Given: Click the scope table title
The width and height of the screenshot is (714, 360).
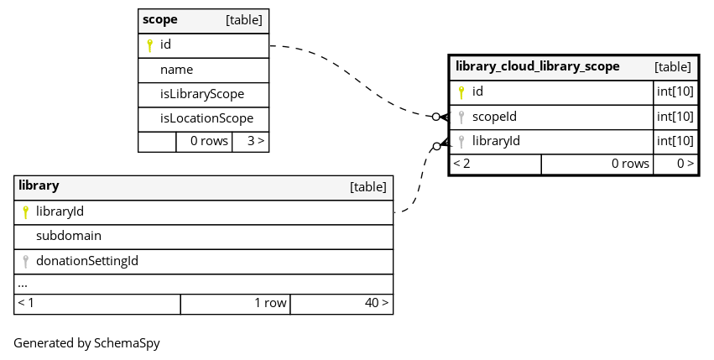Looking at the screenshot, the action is [x=159, y=20].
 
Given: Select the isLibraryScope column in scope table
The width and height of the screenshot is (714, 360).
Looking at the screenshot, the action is [x=202, y=94].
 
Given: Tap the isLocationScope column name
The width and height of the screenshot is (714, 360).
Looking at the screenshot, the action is [x=206, y=118].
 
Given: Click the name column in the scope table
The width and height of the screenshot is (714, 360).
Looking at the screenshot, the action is [x=176, y=70].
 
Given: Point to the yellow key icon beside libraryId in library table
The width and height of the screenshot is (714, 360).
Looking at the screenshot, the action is [x=25, y=212].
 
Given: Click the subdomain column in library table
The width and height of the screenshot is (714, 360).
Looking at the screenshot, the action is [x=69, y=236].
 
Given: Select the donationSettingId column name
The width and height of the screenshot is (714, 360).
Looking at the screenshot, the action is [x=87, y=261].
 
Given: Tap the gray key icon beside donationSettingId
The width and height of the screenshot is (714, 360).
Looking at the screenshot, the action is [x=25, y=262].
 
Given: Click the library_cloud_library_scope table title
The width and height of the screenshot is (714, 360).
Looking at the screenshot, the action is [x=537, y=66].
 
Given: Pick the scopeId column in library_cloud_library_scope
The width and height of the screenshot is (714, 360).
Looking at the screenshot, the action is [x=494, y=117].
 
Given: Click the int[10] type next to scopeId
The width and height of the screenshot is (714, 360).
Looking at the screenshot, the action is [x=675, y=117].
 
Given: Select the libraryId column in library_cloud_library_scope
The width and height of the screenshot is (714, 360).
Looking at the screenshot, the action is [x=496, y=141].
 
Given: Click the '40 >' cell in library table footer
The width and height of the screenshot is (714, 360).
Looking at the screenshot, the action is [x=377, y=303].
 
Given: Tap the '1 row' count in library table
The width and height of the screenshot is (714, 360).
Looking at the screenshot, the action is [x=270, y=303].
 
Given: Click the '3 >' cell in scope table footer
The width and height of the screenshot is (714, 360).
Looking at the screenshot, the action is [x=256, y=141].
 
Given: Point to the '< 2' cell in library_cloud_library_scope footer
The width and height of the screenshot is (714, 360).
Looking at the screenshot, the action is [x=461, y=164].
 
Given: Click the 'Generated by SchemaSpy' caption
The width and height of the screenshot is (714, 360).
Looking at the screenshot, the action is [x=86, y=343].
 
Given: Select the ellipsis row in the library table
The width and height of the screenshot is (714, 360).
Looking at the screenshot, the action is [x=23, y=284].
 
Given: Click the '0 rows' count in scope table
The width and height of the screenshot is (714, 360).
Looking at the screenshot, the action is [x=209, y=141].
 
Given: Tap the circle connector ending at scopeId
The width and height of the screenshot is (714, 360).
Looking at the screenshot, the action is [x=435, y=117].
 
